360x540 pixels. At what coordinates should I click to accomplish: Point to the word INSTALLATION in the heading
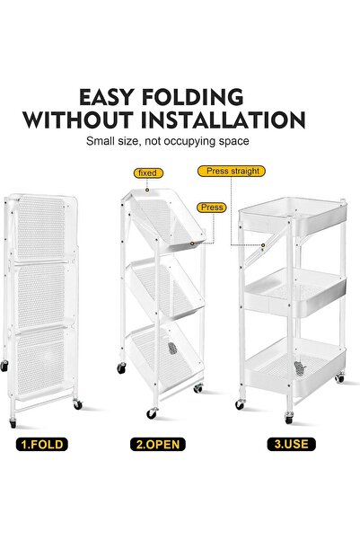point(233,120)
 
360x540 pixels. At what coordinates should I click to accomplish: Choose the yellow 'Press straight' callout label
point(233,171)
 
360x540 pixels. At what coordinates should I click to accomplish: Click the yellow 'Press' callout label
point(212,207)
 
